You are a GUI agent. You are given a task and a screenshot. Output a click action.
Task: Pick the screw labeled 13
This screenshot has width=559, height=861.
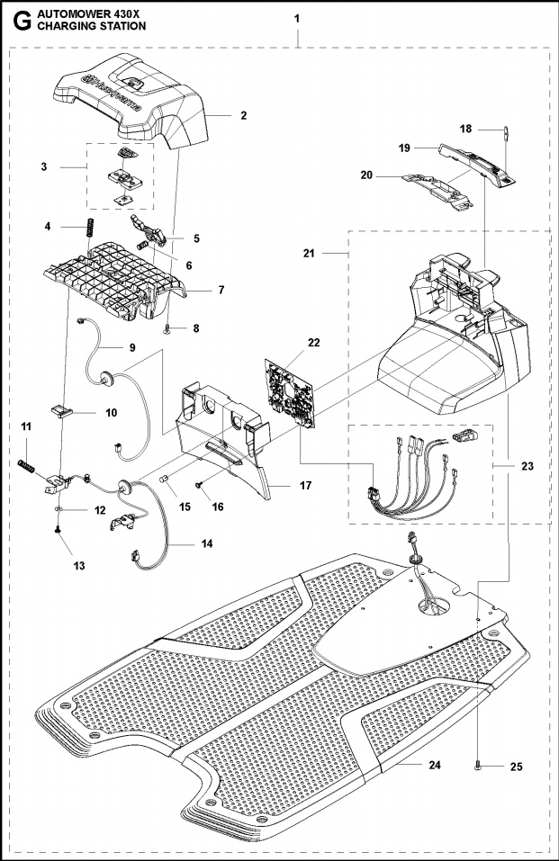pyautogui.click(x=59, y=532)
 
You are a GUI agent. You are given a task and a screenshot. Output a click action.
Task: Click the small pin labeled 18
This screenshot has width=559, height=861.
pyautogui.click(x=505, y=135)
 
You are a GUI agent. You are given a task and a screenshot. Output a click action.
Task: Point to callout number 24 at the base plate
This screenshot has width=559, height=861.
pyautogui.click(x=435, y=765)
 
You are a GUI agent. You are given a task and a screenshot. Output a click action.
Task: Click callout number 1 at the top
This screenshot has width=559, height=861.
pyautogui.click(x=298, y=18)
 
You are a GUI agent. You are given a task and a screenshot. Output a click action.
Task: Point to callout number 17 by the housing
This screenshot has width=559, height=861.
pyautogui.click(x=304, y=486)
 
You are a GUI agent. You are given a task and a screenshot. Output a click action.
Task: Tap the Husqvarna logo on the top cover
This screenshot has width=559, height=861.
pyautogui.click(x=108, y=86)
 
